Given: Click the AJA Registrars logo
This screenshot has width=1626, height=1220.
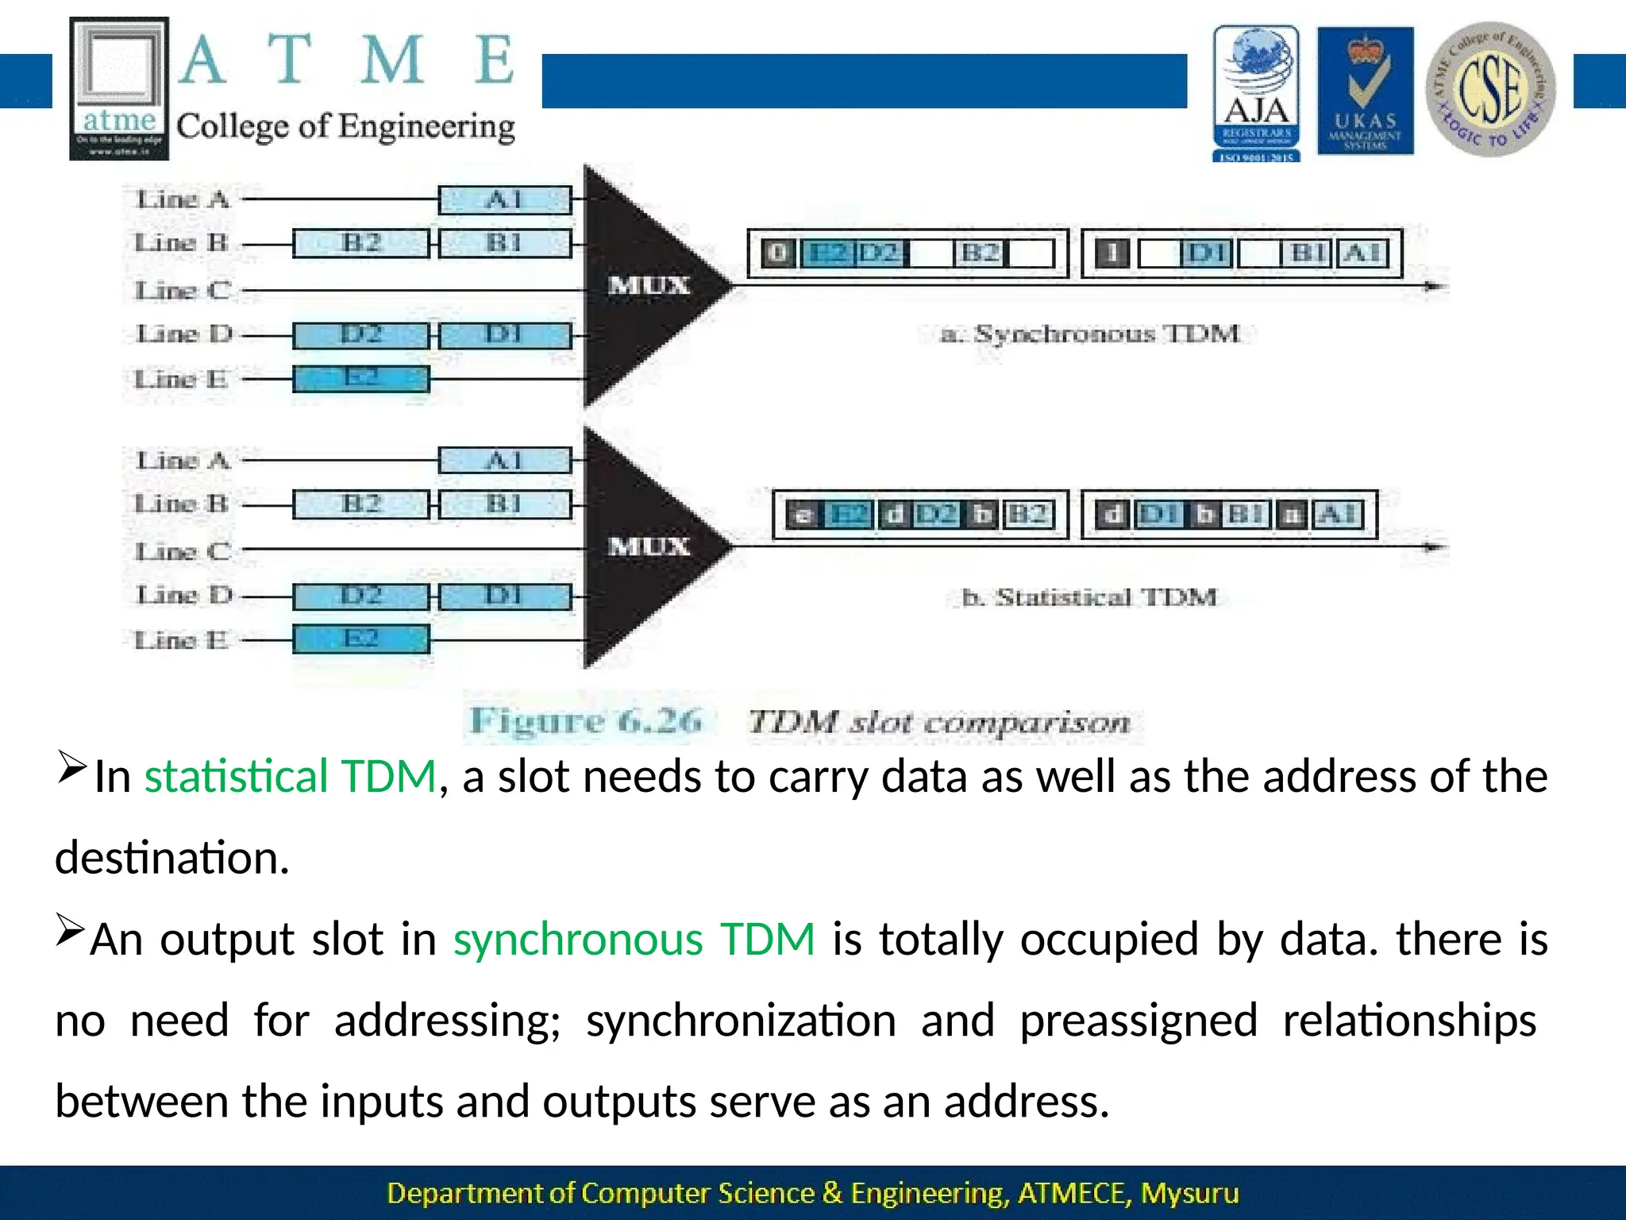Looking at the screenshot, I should click(x=1256, y=92).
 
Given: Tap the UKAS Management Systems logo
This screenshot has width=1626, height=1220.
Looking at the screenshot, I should click(x=1365, y=91).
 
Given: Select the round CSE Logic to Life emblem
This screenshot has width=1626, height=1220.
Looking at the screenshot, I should click(x=1490, y=89).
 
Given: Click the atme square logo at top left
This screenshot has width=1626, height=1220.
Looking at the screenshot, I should click(x=119, y=88).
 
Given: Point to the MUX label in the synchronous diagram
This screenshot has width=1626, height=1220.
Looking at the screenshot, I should click(x=649, y=285).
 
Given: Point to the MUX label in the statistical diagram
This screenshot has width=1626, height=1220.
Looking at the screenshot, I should click(x=649, y=546).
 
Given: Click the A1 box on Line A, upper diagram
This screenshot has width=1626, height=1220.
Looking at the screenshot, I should click(x=505, y=199).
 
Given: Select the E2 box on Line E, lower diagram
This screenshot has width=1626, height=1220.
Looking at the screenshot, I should click(x=360, y=639).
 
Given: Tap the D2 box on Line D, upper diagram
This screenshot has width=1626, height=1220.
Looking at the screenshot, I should click(x=360, y=335).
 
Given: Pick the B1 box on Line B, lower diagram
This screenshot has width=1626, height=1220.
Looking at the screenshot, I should click(x=505, y=504).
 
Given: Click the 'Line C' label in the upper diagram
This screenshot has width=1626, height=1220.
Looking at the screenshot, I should click(x=183, y=291).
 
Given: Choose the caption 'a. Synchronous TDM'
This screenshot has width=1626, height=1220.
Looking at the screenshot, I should click(x=1089, y=334).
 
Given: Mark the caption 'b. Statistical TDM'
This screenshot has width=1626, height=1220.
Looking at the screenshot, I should click(x=1088, y=597).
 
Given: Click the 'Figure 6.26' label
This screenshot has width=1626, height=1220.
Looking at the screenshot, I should click(x=586, y=721).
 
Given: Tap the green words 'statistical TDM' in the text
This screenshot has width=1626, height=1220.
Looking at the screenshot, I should click(x=290, y=776).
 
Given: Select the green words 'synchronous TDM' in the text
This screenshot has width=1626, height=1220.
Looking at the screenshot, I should click(x=634, y=939).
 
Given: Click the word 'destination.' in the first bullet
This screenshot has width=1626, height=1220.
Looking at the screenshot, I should click(x=172, y=858).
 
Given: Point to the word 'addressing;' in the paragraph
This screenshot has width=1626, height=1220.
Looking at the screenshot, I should click(x=447, y=1021).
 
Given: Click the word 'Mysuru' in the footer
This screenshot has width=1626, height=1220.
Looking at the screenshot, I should click(x=1189, y=1193).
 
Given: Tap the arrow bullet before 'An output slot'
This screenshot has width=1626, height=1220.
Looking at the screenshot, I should click(x=70, y=930).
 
